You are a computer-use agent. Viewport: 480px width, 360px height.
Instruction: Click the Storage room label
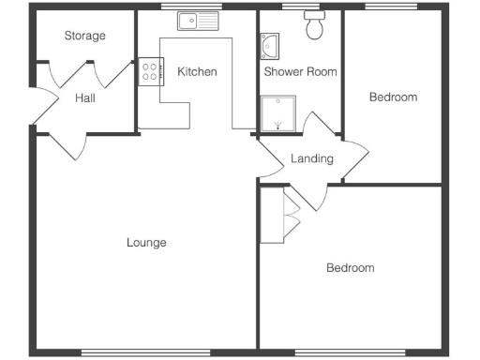pos(84,37)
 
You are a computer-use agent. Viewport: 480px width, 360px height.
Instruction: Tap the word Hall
pos(85,97)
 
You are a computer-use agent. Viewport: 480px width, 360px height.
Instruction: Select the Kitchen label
pos(197,72)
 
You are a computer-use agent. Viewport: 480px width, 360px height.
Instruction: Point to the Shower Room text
pos(300,72)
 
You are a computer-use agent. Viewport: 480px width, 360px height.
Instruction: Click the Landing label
pos(311,158)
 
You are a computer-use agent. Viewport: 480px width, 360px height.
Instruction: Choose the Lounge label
pos(146,243)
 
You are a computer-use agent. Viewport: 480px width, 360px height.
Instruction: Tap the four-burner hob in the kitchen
pos(149,72)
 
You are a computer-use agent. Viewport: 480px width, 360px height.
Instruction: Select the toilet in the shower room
pos(314,28)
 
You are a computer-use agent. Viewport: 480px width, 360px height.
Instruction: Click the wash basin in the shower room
pos(269,46)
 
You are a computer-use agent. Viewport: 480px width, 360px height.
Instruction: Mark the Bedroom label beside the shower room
pos(393,97)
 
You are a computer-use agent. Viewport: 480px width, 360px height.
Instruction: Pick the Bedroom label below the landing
pos(350,268)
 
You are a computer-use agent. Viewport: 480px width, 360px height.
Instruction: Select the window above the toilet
pos(301,7)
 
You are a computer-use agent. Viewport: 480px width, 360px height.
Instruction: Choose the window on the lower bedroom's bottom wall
pos(350,352)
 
